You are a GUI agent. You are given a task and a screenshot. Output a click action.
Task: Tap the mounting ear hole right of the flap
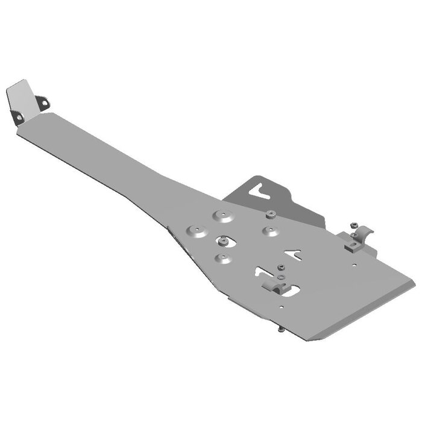click(x=43, y=103)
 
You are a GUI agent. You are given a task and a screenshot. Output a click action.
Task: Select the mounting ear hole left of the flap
click(x=17, y=116)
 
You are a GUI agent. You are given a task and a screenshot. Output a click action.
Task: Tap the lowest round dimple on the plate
click(x=224, y=259)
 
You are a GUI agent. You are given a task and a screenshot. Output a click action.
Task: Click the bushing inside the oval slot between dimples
click(x=225, y=242)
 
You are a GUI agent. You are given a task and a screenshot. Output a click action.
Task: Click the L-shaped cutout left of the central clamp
click(x=263, y=274)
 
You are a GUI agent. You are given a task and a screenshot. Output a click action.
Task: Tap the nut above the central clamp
click(x=281, y=267)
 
